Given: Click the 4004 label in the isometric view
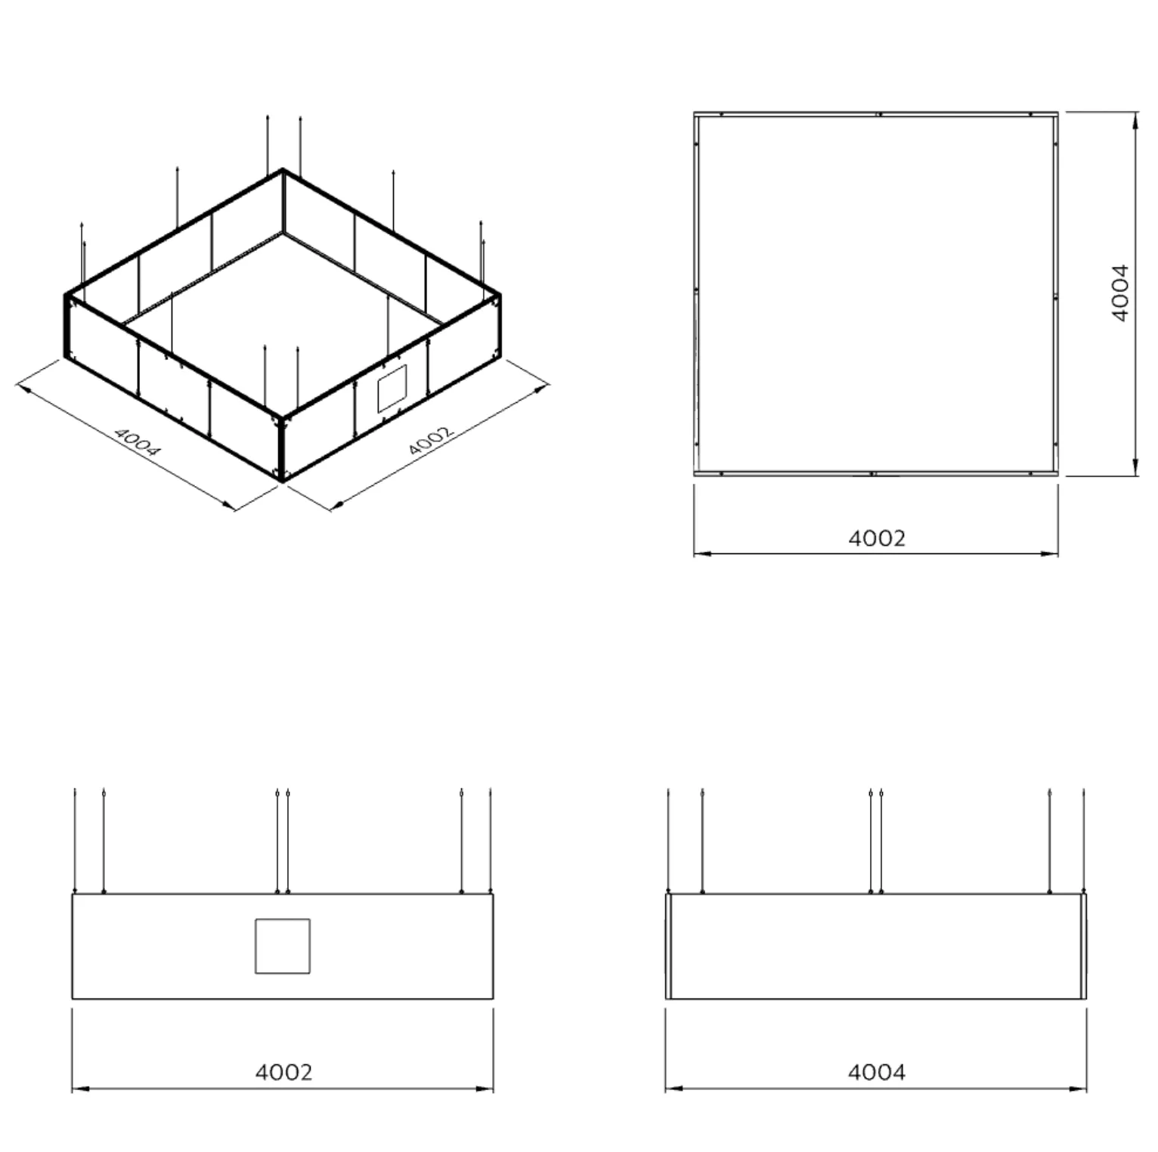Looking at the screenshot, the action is (138, 442).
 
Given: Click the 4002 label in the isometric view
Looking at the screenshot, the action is (431, 441).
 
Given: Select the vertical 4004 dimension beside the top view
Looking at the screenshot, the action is (1120, 293).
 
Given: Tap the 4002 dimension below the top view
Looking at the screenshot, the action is (877, 538).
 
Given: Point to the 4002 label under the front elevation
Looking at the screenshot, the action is (283, 1072).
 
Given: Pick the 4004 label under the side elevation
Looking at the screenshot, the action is (877, 1072).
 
